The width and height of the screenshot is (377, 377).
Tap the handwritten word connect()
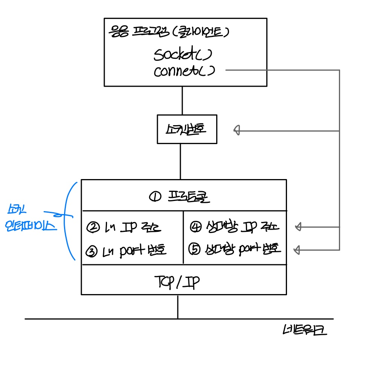coord(184,71)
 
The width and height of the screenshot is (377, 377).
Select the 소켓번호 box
coord(187,129)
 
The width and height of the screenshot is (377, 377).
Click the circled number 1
coord(155,196)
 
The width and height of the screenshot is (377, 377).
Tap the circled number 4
coord(196,227)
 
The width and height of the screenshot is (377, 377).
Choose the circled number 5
coord(195,250)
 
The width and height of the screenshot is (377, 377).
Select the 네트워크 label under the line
coord(305,331)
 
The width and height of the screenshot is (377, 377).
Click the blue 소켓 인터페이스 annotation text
coord(29,219)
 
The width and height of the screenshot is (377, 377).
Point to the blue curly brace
coord(70,221)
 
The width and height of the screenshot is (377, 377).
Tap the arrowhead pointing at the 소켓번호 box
coord(237,130)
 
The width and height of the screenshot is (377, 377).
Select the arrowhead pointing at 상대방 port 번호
coord(297,249)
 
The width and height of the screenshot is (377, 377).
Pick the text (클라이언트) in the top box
coord(200,32)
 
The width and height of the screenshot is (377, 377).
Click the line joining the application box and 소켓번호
coord(182,100)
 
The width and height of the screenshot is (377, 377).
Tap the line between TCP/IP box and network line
coord(178,307)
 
